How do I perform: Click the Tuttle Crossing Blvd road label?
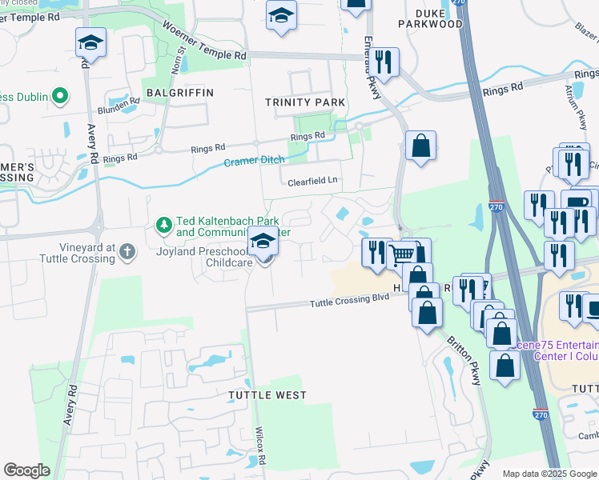(349, 300)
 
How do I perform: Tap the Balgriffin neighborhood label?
(180, 93)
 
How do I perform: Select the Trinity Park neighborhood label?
(306, 102)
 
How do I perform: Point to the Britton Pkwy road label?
(461, 359)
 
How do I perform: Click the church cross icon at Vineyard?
(127, 253)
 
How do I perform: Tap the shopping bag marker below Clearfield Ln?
(420, 146)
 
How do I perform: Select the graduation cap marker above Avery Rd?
(90, 42)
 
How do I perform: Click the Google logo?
(27, 470)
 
